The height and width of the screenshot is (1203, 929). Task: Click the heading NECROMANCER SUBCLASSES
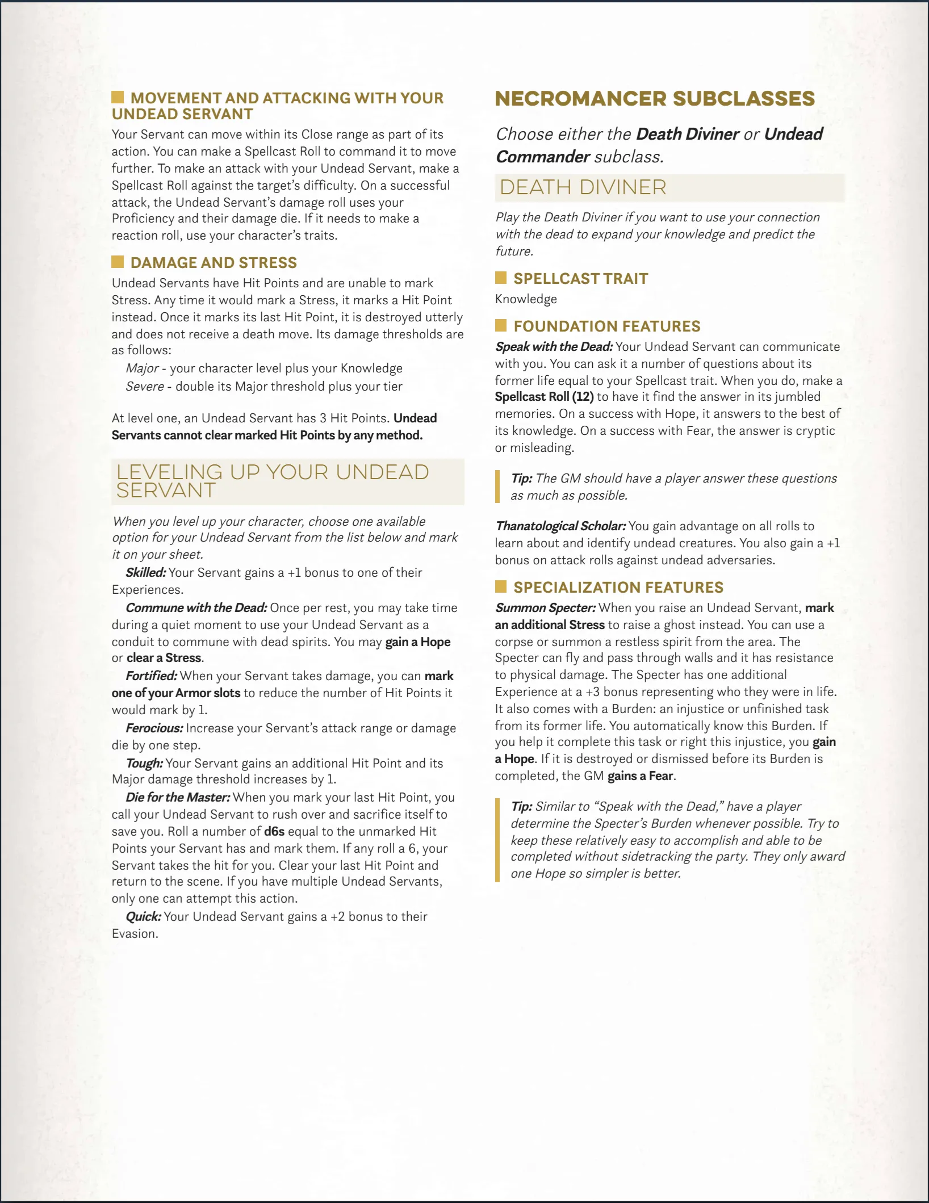pos(655,99)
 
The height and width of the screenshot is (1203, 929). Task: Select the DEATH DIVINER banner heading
pos(583,187)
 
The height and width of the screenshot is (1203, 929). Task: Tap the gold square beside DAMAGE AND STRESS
pos(118,262)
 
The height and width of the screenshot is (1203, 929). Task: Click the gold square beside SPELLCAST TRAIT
pos(501,278)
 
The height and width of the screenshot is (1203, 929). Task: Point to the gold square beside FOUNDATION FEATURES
pos(501,325)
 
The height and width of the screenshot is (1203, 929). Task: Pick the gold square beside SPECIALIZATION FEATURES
pos(501,586)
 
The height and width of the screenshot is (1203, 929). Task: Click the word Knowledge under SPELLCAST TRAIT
pos(526,299)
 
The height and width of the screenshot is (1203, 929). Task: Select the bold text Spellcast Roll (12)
pos(544,397)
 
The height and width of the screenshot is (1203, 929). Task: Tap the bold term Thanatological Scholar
pos(560,526)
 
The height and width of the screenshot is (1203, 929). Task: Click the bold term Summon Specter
pos(545,608)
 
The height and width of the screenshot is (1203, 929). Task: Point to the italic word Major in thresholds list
pos(142,368)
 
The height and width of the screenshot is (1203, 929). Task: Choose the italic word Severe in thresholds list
pos(145,387)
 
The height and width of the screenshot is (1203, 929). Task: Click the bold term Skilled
pos(146,573)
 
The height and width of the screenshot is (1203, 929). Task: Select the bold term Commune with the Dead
pos(196,608)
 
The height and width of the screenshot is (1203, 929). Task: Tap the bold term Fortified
pos(152,676)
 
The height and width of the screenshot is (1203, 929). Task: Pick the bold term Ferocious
pos(154,728)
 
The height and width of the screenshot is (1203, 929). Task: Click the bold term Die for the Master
pos(178,798)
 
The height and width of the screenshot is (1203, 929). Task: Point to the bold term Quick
pos(143,917)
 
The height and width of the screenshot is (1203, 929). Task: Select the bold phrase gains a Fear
pos(641,776)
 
